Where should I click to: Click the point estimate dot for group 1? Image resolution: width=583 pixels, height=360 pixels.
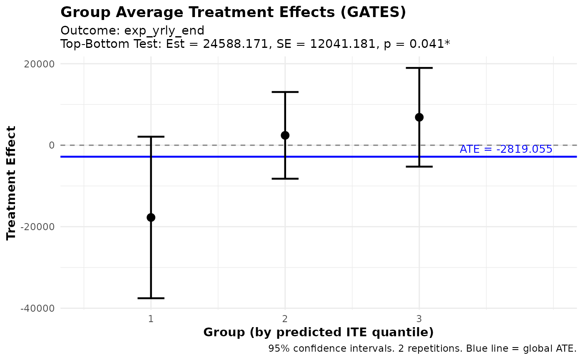point(151,217)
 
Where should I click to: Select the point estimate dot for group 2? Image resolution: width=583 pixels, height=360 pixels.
point(285,135)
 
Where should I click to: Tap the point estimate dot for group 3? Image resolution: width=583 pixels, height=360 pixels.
point(419,117)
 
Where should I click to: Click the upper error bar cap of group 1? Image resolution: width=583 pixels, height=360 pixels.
point(151,137)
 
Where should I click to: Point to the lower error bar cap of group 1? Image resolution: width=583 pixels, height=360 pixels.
point(151,298)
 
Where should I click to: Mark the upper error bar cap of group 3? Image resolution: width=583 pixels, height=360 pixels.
point(419,68)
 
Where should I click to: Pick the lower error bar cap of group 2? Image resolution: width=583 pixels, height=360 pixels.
point(285,179)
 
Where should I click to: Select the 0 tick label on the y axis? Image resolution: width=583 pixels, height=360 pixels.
point(52,145)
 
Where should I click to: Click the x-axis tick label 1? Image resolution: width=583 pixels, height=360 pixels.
point(151,319)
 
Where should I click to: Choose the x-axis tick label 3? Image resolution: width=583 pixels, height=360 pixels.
point(419,319)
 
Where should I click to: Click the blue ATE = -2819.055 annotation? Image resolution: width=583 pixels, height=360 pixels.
point(506,149)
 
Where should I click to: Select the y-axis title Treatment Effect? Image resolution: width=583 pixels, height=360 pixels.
point(12,183)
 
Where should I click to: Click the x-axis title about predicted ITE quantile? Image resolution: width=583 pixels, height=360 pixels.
point(318,333)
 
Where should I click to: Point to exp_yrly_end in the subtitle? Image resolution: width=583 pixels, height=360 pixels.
point(164,31)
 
